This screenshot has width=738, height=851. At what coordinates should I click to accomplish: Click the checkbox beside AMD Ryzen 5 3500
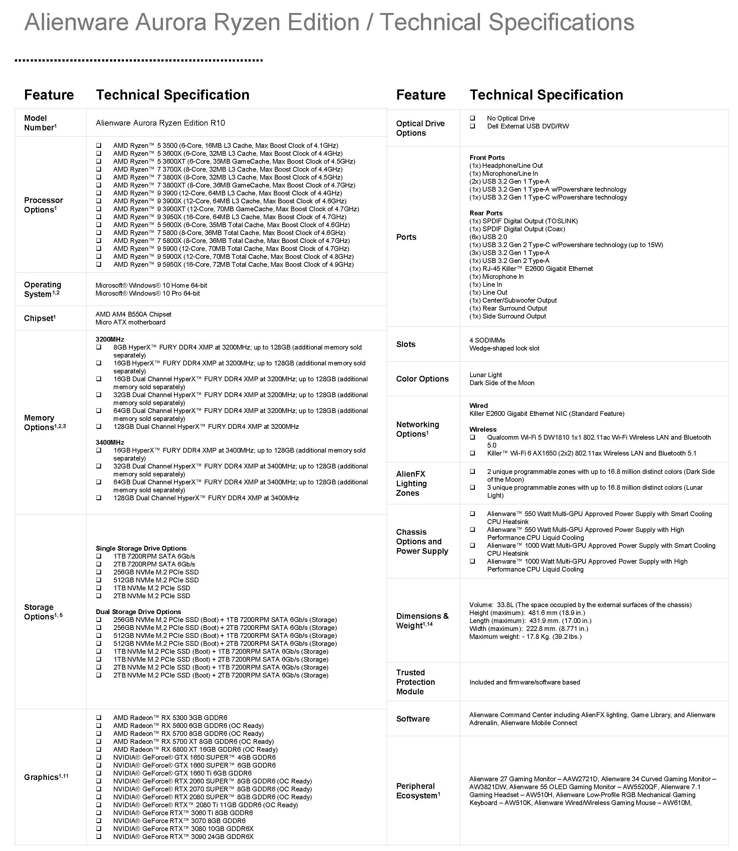pyautogui.click(x=99, y=146)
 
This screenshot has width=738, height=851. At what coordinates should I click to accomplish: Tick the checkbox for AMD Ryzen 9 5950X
pyautogui.click(x=99, y=265)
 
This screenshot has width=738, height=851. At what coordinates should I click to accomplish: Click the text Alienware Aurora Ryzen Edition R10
pyautogui.click(x=160, y=123)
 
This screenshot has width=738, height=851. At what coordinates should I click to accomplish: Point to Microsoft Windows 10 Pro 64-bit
pyautogui.click(x=148, y=293)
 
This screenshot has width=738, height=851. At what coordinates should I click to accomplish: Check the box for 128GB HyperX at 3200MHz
pyautogui.click(x=99, y=427)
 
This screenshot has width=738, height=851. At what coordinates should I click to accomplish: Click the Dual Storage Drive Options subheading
pyautogui.click(x=138, y=612)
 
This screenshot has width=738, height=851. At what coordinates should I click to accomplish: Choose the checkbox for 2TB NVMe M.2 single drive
pyautogui.click(x=99, y=596)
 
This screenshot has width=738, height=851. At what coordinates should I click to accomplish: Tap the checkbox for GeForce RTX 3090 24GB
pyautogui.click(x=99, y=837)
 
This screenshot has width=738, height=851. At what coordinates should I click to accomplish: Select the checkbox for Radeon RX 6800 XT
pyautogui.click(x=99, y=749)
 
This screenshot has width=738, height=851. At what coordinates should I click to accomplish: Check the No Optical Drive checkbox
pyautogui.click(x=472, y=118)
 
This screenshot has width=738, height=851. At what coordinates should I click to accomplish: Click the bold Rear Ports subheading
pyautogui.click(x=486, y=213)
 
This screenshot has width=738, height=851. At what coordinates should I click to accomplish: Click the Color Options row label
pyautogui.click(x=422, y=379)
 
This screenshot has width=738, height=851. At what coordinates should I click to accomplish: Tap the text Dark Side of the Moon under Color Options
pyautogui.click(x=502, y=383)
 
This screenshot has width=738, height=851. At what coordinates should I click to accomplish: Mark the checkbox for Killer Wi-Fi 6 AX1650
pyautogui.click(x=472, y=453)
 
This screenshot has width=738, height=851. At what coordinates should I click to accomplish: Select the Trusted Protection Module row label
pyautogui.click(x=415, y=682)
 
